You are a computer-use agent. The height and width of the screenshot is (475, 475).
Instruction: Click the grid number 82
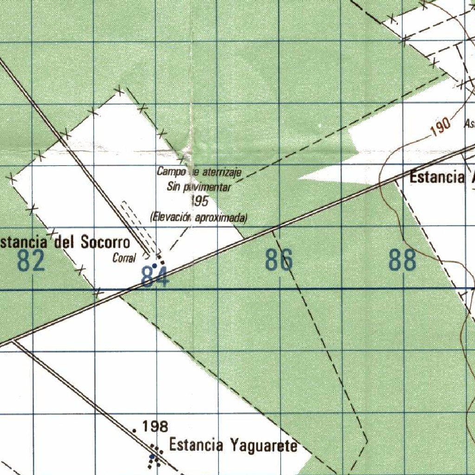point(32,261)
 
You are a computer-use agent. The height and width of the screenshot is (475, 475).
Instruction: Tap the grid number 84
point(155,277)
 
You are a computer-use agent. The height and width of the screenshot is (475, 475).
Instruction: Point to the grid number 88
point(402,261)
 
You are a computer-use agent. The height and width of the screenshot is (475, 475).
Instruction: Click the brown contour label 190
point(440,126)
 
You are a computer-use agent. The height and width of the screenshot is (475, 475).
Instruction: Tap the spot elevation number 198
point(155,426)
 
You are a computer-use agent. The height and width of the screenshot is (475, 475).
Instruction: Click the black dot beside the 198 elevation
point(135,430)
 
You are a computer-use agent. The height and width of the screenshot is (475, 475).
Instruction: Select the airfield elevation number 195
point(199,201)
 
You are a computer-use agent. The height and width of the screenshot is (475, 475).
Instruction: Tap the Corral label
point(124,258)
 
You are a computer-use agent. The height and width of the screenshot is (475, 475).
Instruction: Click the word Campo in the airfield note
point(168,172)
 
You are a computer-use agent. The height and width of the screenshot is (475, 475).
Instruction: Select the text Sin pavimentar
point(199,187)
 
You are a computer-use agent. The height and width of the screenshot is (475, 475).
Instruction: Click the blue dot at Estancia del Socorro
point(154,265)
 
